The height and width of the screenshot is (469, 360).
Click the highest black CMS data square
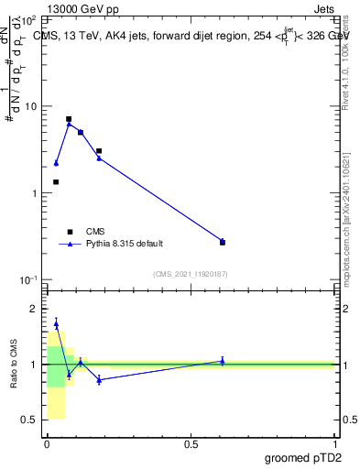pyautogui.click(x=69, y=119)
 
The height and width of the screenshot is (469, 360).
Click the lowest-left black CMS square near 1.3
pyautogui.click(x=56, y=182)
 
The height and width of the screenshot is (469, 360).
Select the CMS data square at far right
pyautogui.click(x=223, y=243)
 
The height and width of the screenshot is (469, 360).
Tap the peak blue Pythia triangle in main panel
pyautogui.click(x=69, y=124)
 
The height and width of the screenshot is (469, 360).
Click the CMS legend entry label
pyautogui.click(x=96, y=232)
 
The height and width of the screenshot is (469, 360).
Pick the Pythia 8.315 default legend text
pyautogui.click(x=125, y=245)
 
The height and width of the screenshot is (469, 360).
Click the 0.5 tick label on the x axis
pyautogui.click(x=191, y=444)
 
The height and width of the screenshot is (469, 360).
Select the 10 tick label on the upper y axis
pyautogui.click(x=31, y=107)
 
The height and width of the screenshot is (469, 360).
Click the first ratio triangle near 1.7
pyautogui.click(x=56, y=323)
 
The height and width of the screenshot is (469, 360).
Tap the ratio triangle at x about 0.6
pyautogui.click(x=223, y=361)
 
